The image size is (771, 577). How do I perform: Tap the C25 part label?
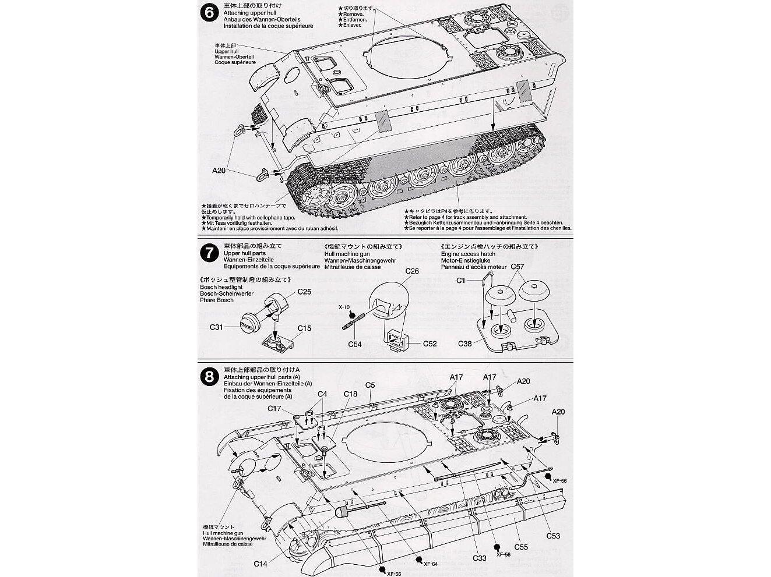tap(304, 291)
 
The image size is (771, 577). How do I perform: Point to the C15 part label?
tap(304, 328)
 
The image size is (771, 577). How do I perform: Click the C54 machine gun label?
tap(355, 345)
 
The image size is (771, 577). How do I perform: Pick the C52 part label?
tap(429, 344)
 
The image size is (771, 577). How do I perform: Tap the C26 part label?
tap(411, 271)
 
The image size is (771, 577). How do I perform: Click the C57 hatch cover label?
tap(518, 267)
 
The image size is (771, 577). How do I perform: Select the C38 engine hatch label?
tap(464, 344)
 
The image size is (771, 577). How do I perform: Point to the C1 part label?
tap(462, 281)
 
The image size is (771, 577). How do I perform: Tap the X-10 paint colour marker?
tap(345, 307)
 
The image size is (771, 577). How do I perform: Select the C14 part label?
tap(260, 564)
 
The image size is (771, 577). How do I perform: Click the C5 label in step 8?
tap(370, 384)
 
